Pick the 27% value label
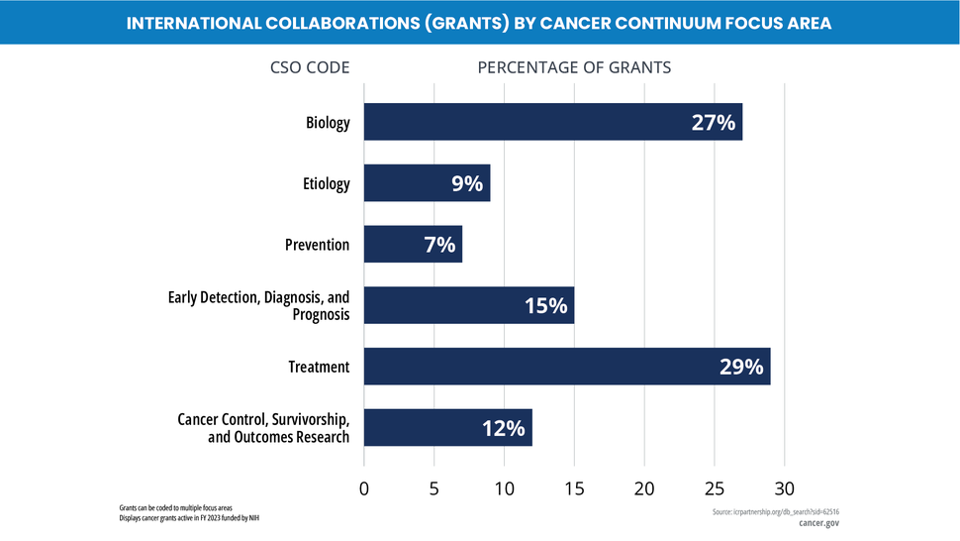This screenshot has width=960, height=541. point(713,123)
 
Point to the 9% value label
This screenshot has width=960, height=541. point(466,183)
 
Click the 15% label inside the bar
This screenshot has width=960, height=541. point(545,306)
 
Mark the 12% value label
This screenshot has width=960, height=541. point(503,428)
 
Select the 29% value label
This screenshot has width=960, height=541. point(740,367)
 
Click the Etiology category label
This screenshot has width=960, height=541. point(326,183)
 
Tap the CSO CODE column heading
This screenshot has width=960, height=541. point(310,67)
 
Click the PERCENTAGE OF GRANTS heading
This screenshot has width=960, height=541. point(574,67)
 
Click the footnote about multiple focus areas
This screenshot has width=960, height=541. point(175,507)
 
